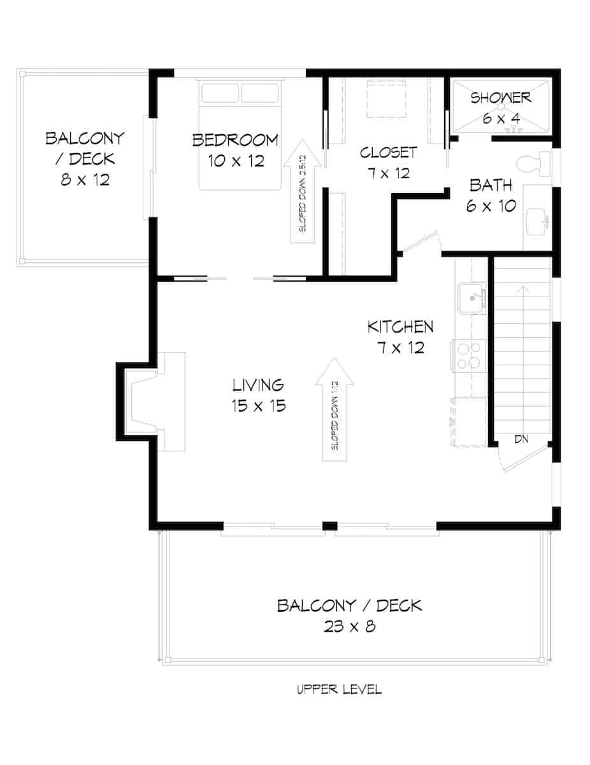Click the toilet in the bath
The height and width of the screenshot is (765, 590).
tap(536, 164)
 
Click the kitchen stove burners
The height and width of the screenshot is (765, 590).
tap(468, 356)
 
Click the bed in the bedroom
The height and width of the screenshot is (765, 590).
tap(240, 134)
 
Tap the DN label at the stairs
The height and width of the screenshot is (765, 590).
tap(521, 440)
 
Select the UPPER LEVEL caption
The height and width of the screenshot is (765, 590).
tap(339, 689)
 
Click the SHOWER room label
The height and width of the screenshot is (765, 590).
tap(501, 98)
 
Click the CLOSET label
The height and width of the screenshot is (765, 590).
tap(388, 152)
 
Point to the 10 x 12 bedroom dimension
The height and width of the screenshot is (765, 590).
tap(235, 161)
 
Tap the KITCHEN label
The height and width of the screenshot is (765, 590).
tap(400, 327)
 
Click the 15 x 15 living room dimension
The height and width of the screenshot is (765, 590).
tap(257, 405)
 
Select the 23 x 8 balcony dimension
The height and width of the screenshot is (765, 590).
tap(349, 627)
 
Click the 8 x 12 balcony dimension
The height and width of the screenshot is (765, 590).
tap(85, 180)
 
